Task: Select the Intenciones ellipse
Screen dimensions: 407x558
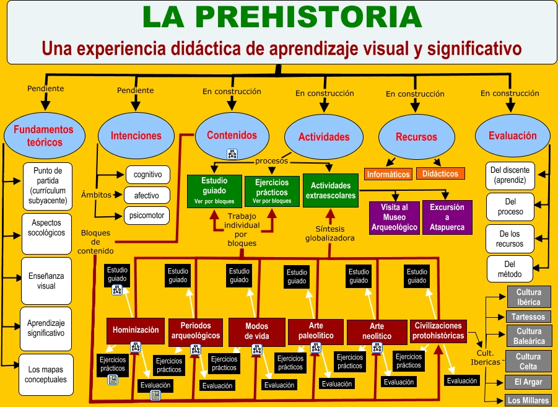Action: [x=136, y=136]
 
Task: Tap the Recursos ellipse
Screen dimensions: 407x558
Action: [x=416, y=136]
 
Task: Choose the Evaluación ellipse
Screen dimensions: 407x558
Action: [x=512, y=135]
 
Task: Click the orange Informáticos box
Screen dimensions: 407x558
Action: [x=388, y=175]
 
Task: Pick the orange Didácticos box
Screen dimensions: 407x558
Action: [x=440, y=174]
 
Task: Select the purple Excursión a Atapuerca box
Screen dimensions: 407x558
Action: [x=447, y=217]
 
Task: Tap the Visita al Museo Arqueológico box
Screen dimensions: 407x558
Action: [x=393, y=217]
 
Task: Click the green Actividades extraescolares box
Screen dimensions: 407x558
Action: [x=330, y=190]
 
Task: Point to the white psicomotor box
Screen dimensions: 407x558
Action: [x=147, y=216]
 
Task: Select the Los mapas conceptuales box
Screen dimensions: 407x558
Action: [x=46, y=374]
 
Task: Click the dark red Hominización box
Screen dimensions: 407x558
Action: [x=136, y=330]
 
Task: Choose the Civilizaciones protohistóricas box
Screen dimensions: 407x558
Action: [x=438, y=331]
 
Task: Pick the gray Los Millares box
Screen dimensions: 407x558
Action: [x=528, y=400]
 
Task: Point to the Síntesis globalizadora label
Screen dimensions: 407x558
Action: [x=330, y=234]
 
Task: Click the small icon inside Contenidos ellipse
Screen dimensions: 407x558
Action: [x=232, y=154]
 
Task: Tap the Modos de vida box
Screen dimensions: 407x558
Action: [x=256, y=331]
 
